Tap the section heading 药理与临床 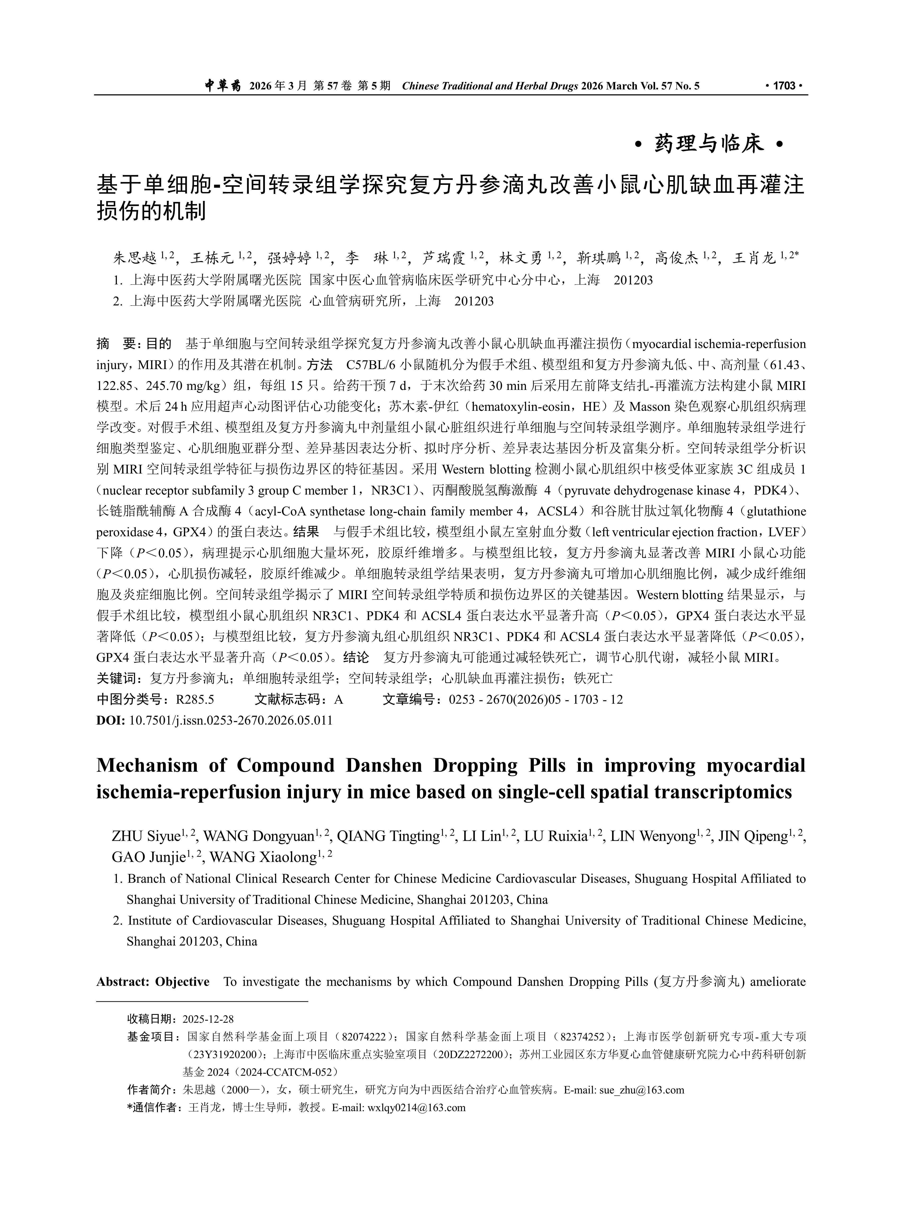coord(708,145)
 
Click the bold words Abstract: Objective coord(153,982)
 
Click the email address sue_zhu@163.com coord(642,1090)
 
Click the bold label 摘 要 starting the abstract coord(117,344)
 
